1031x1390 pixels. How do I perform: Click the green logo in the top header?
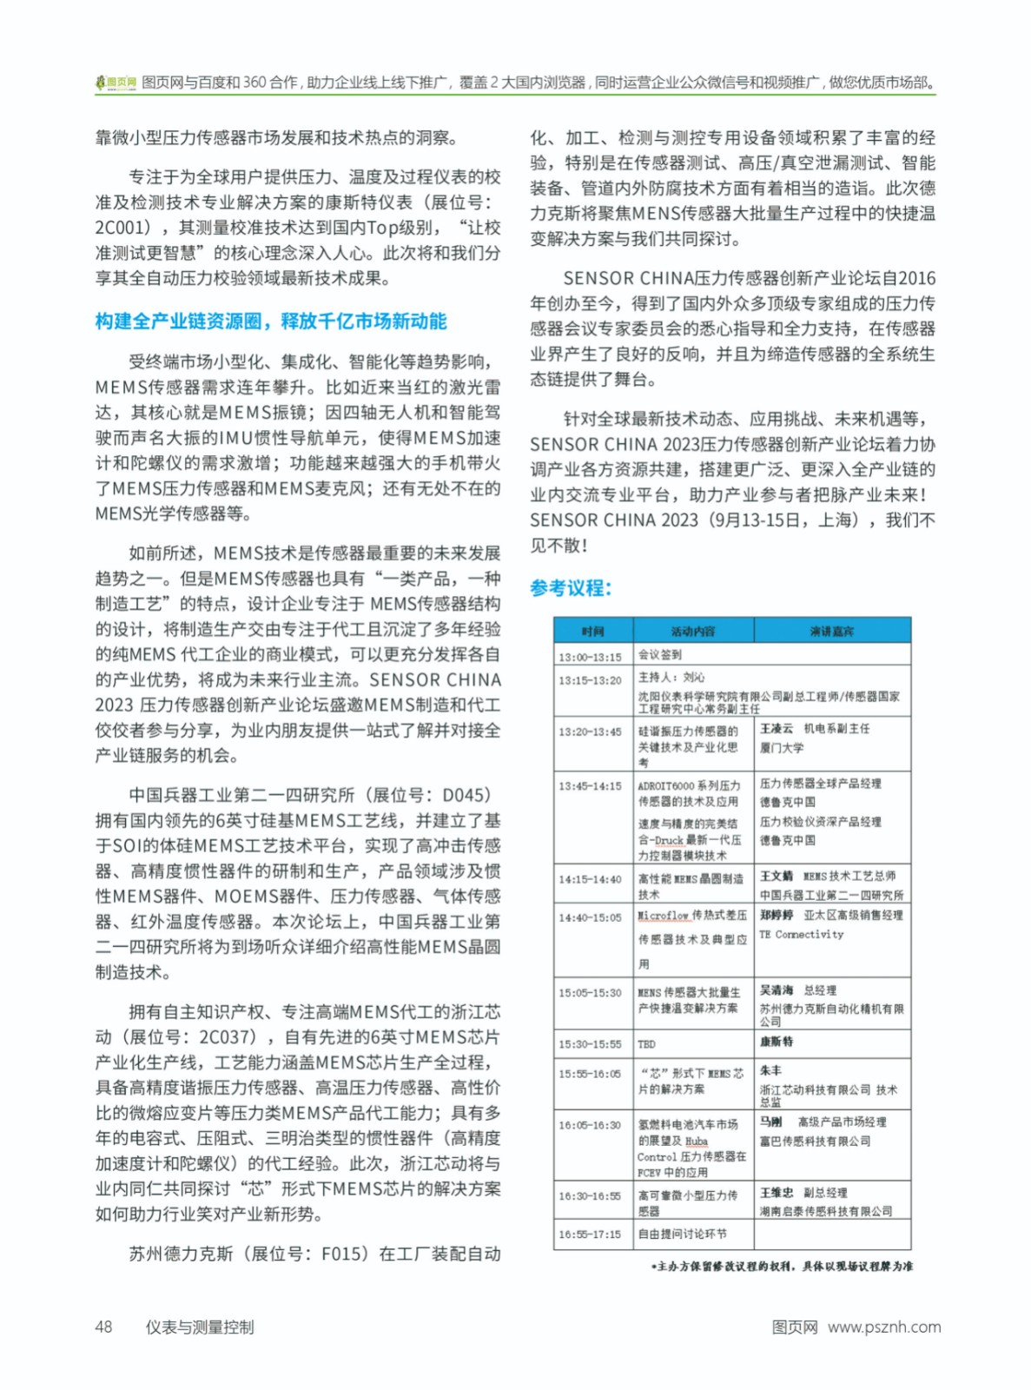116,83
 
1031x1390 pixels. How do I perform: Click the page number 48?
103,1327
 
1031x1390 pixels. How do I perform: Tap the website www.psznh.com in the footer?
883,1327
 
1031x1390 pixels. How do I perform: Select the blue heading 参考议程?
571,588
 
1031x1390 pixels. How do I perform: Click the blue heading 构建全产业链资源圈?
270,321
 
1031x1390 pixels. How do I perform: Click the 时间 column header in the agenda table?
593,631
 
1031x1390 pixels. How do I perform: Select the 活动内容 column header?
693,631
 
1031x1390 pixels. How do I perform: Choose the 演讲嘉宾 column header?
831,631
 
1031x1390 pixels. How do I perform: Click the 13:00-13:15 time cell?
591,657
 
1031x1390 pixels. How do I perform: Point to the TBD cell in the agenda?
647,1044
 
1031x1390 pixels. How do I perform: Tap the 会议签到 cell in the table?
660,654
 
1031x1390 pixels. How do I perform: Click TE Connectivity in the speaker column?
801,935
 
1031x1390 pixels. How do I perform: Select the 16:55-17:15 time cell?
591,1234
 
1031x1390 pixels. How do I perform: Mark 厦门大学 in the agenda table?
782,748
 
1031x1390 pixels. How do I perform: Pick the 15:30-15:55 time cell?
591,1044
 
